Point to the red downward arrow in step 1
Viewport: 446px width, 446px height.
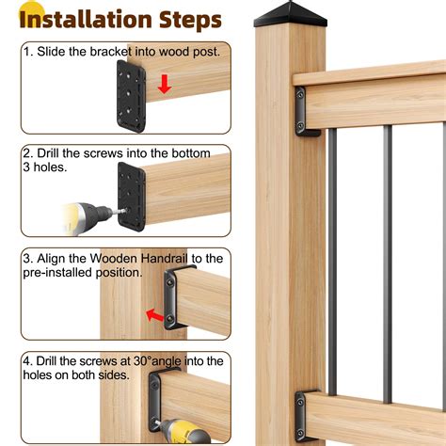coord(165,85)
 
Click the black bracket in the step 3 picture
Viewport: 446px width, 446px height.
coord(176,297)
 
